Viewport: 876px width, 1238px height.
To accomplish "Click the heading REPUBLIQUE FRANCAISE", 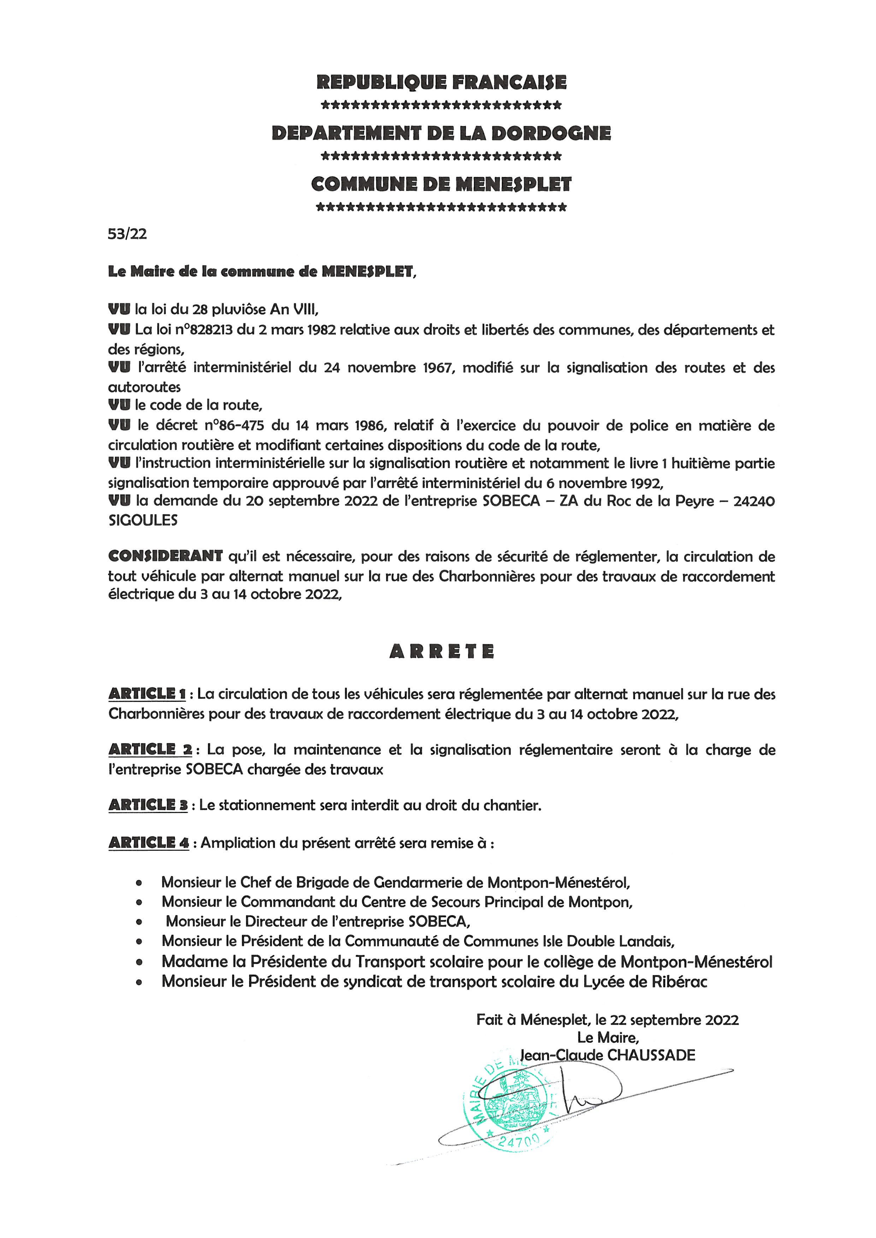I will pos(441,83).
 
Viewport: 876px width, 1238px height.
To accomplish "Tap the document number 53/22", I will pos(127,234).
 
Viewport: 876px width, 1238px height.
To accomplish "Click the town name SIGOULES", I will pos(143,520).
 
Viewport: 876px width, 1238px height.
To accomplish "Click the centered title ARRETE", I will pos(441,651).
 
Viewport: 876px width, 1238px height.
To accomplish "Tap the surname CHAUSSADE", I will pos(651,1055).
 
